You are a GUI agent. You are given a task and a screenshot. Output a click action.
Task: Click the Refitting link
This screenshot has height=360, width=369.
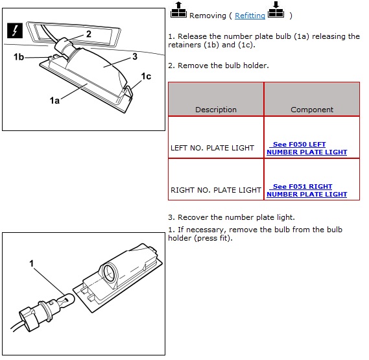pyautogui.click(x=250, y=16)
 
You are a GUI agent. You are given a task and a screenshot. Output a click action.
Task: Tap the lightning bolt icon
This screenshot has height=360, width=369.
pyautogui.click(x=15, y=30)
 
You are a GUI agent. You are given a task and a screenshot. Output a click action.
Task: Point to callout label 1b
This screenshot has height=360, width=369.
pyautogui.click(x=19, y=57)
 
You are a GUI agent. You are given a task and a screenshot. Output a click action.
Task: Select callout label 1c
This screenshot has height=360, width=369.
pyautogui.click(x=146, y=77)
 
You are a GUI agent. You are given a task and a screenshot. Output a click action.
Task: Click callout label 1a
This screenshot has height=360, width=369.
pyautogui.click(x=54, y=101)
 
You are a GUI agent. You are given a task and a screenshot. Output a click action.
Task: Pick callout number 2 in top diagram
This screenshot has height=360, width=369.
pyautogui.click(x=88, y=34)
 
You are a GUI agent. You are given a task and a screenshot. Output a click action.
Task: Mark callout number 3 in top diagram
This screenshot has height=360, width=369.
pyautogui.click(x=135, y=56)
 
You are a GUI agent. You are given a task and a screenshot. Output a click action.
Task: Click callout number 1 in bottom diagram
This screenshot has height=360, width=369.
pyautogui.click(x=32, y=263)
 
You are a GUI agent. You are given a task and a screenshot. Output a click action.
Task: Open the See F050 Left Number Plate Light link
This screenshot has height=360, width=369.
pyautogui.click(x=307, y=148)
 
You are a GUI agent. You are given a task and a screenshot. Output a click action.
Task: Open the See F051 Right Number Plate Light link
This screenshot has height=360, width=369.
pyautogui.click(x=307, y=190)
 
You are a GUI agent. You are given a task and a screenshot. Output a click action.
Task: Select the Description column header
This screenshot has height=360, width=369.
pyautogui.click(x=216, y=110)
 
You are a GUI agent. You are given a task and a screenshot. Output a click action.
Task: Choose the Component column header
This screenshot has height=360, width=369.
pyautogui.click(x=312, y=110)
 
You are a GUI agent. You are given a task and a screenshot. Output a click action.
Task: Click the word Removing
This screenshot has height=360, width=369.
pyautogui.click(x=208, y=16)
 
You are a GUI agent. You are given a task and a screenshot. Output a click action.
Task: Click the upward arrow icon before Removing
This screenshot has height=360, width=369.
pyautogui.click(x=178, y=10)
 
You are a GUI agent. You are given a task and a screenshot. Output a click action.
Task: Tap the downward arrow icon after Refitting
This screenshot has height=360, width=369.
pyautogui.click(x=276, y=10)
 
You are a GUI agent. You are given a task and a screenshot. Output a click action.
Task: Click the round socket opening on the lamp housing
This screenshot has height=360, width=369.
pyautogui.click(x=111, y=272)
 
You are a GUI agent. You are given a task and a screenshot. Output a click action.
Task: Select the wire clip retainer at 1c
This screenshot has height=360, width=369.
pyautogui.click(x=128, y=93)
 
